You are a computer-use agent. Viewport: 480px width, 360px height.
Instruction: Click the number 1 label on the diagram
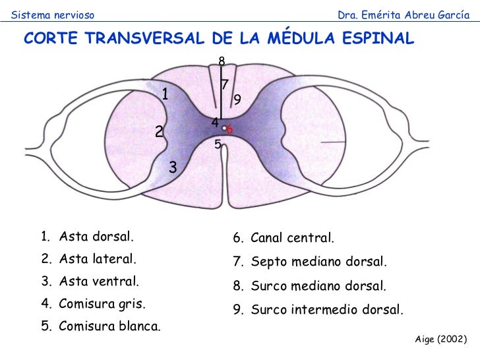(x=165, y=94)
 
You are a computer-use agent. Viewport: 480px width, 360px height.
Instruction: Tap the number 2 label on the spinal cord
(x=159, y=132)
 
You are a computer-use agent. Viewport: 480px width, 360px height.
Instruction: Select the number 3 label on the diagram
(x=173, y=167)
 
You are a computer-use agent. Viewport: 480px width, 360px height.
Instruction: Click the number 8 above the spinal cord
(x=222, y=61)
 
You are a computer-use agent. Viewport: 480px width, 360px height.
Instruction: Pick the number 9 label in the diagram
(x=237, y=99)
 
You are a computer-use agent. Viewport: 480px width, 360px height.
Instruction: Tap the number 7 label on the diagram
(x=225, y=84)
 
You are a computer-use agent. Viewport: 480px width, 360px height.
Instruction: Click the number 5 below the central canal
(x=218, y=144)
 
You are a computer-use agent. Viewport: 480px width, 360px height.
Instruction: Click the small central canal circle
(x=224, y=128)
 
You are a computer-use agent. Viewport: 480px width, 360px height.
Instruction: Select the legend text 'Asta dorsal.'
(x=96, y=236)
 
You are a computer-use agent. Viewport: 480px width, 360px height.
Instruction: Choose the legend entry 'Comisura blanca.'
(x=109, y=326)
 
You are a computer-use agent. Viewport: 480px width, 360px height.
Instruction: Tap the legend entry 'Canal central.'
(x=293, y=237)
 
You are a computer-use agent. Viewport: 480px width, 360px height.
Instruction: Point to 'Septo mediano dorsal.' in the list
(x=319, y=262)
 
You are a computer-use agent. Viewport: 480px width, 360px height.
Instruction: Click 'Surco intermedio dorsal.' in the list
(x=326, y=309)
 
